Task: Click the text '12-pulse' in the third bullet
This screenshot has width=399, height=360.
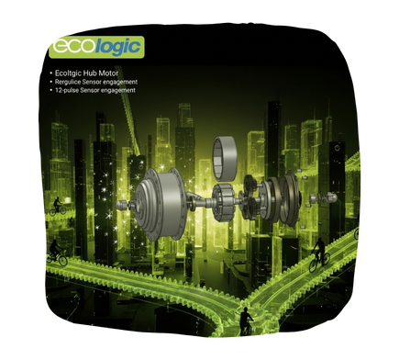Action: (69, 90)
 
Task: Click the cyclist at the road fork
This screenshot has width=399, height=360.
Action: (246, 321)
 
